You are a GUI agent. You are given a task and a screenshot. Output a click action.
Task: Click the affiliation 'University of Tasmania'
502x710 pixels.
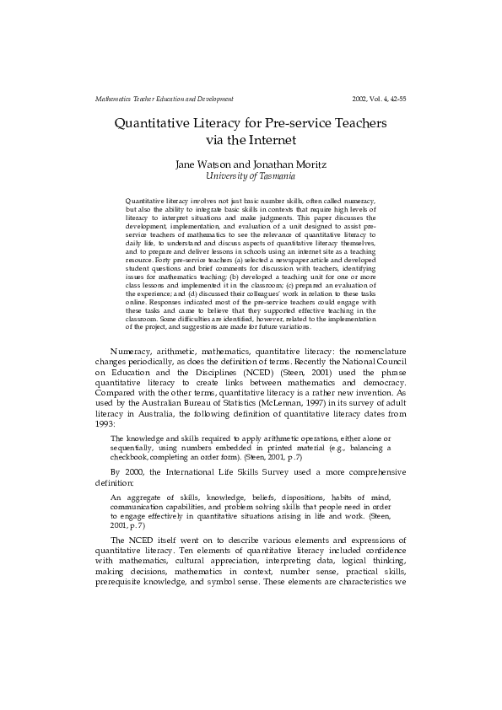(251, 176)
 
